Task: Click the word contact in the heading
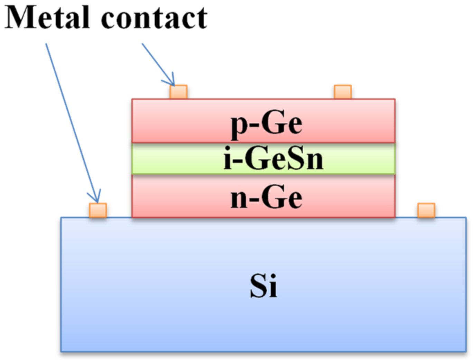tap(154, 18)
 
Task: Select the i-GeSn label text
tap(273, 159)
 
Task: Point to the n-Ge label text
tap(266, 198)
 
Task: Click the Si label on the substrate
tap(263, 286)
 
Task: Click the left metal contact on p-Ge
tap(178, 92)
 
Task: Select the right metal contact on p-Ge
tap(343, 92)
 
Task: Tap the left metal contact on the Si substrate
tap(98, 210)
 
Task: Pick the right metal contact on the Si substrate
tap(426, 210)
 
